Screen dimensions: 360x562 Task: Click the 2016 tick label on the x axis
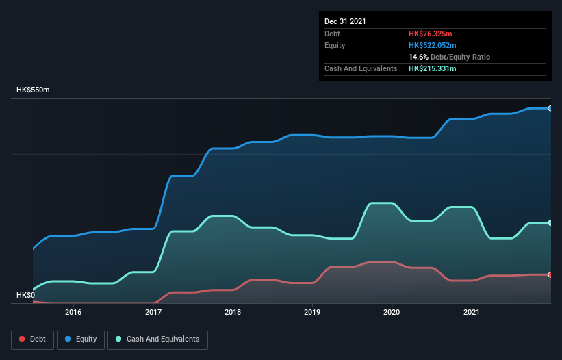tap(73, 312)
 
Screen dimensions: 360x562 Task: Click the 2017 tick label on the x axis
tap(153, 312)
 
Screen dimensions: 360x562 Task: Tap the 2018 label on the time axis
tap(233, 312)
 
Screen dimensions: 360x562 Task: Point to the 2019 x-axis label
tap(312, 312)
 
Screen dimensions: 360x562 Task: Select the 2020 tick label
tap(392, 312)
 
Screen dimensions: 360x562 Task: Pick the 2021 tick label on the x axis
tap(472, 312)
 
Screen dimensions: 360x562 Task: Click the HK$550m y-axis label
tap(34, 90)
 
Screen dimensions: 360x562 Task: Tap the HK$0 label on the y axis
tap(25, 295)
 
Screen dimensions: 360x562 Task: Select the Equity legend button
tap(81, 339)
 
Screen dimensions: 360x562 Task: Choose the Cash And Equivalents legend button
tap(157, 339)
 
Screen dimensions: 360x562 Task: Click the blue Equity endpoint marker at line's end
tap(550, 108)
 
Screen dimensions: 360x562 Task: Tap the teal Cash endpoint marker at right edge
tap(550, 222)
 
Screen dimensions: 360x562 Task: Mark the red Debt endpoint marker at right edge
tap(550, 274)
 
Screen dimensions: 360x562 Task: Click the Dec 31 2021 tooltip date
tap(345, 21)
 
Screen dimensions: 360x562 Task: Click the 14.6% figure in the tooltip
tap(418, 57)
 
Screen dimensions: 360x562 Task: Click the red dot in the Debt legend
tap(22, 339)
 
